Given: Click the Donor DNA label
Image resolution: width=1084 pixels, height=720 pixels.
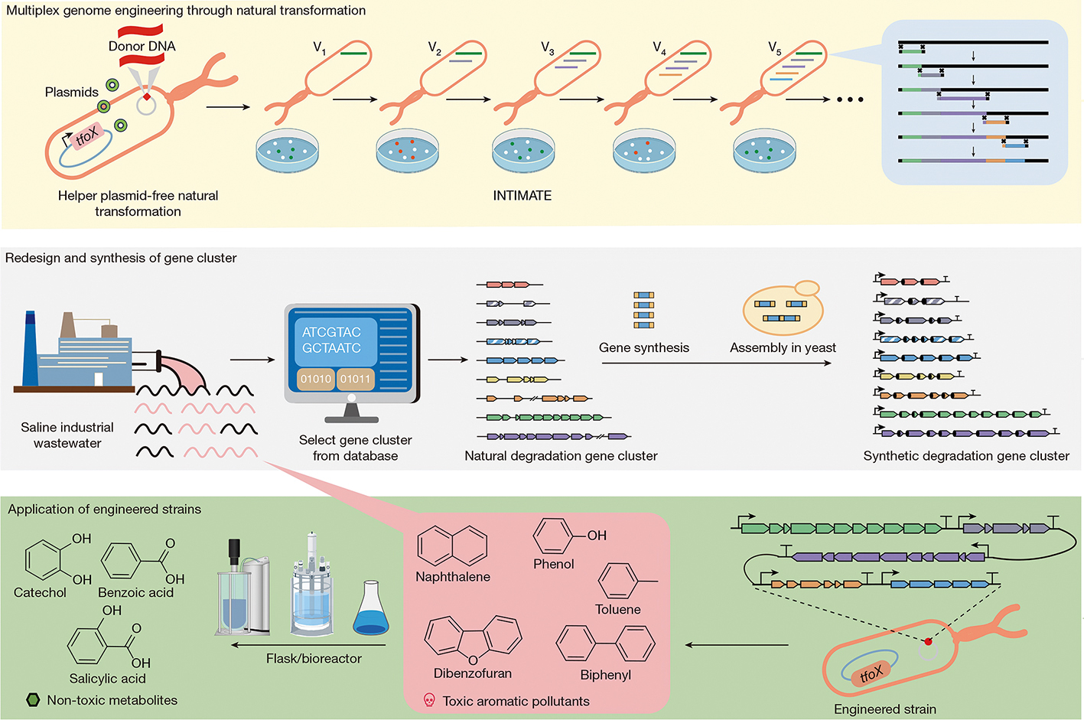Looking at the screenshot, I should [x=142, y=46].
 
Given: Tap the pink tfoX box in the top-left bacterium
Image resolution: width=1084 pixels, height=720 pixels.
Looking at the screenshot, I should [x=87, y=135].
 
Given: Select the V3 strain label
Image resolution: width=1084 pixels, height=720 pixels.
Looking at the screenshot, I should [x=547, y=48].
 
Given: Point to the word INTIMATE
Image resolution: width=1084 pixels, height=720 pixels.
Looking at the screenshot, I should [x=522, y=196].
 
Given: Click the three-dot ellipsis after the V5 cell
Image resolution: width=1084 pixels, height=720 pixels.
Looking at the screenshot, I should [x=850, y=99].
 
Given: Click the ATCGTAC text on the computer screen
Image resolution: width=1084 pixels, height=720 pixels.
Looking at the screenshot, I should [x=331, y=332].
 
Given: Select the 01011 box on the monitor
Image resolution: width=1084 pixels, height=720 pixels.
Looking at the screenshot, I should [x=355, y=379].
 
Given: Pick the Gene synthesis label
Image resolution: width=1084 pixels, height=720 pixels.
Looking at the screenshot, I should [x=643, y=347].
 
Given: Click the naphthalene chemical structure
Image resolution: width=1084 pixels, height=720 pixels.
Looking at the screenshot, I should [x=452, y=546].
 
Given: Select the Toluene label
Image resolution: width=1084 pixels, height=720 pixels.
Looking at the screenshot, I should [x=617, y=609].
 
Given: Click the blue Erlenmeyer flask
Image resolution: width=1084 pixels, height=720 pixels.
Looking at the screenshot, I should [x=371, y=611].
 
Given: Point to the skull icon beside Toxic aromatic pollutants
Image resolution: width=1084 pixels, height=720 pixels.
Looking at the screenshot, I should [x=429, y=700].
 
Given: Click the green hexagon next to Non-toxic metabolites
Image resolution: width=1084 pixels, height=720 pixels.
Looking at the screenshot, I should [x=33, y=699].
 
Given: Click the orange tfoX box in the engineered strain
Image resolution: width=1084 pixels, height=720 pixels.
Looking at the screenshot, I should [x=871, y=673].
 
